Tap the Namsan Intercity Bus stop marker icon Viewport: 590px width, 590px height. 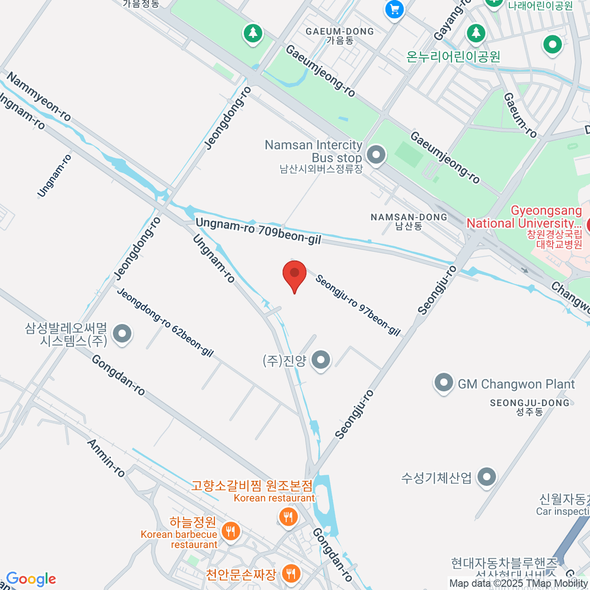pos(377,155)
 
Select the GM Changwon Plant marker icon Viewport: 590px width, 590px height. pos(443,383)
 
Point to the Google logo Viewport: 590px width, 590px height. pos(31,579)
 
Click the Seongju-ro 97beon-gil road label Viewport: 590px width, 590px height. pos(358,305)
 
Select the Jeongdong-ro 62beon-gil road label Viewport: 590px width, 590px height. pos(165,322)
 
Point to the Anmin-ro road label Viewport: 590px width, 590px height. pos(106,458)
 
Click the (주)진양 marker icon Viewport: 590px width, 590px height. pos(322,360)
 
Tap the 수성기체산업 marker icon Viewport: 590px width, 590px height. pos(487,476)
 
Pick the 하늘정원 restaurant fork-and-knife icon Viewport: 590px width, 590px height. pos(230,531)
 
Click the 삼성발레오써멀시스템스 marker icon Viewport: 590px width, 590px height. pos(122,334)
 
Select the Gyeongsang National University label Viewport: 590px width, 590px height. pos(524,217)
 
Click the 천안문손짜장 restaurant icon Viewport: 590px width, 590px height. pos(292,573)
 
